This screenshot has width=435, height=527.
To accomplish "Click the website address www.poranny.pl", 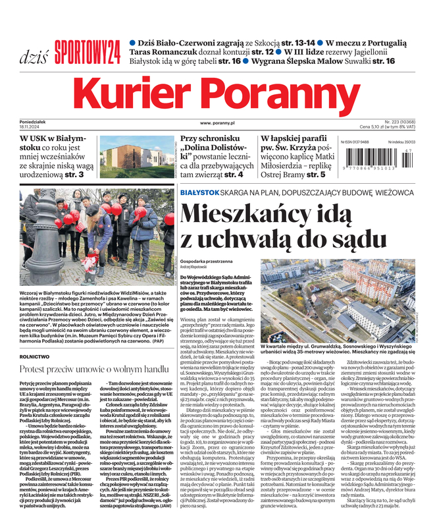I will (218, 123).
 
